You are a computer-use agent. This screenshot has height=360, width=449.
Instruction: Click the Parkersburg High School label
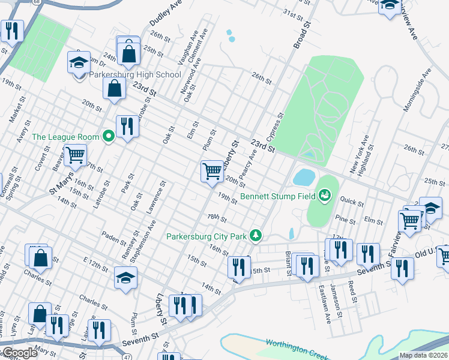click(134, 75)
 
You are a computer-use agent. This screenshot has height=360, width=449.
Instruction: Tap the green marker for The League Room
click(109, 137)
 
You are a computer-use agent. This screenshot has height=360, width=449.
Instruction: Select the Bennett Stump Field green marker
click(325, 195)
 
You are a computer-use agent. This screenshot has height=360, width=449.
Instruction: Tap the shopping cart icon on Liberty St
click(212, 172)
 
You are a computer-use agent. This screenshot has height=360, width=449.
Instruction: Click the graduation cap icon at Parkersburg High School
click(79, 62)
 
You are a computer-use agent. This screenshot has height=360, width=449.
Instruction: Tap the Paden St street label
click(112, 236)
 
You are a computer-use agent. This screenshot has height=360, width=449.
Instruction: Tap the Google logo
click(19, 353)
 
